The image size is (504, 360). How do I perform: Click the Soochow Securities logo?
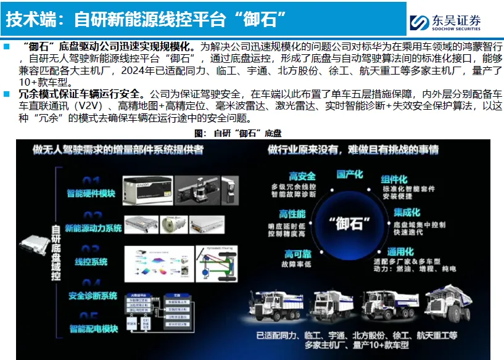tap(445, 22)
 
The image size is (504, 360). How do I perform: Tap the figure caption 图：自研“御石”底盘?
tap(238, 133)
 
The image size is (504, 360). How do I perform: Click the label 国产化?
tap(350, 174)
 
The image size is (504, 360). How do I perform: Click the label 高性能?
tap(293, 214)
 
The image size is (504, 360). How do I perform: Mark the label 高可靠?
tap(297, 254)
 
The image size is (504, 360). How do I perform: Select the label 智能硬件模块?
tap(91, 194)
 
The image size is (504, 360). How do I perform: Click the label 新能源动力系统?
tap(93, 228)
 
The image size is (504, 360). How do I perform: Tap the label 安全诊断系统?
tap(93, 296)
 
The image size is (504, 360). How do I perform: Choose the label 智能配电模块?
tap(93, 329)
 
